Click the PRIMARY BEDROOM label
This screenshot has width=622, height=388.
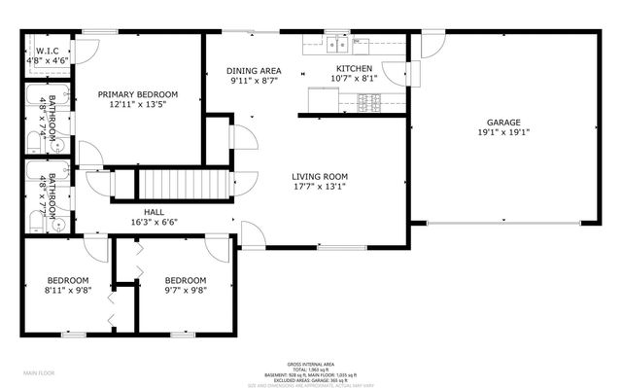(x=137, y=95)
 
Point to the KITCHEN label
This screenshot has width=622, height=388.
(x=354, y=67)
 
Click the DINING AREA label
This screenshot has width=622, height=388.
(x=254, y=71)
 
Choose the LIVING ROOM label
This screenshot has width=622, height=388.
(x=320, y=177)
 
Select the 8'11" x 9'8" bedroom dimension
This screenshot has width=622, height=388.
(x=67, y=290)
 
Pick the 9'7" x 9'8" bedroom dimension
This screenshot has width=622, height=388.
(x=185, y=290)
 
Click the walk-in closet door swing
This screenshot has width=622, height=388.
(x=86, y=51)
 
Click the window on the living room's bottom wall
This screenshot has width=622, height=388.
(x=336, y=246)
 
